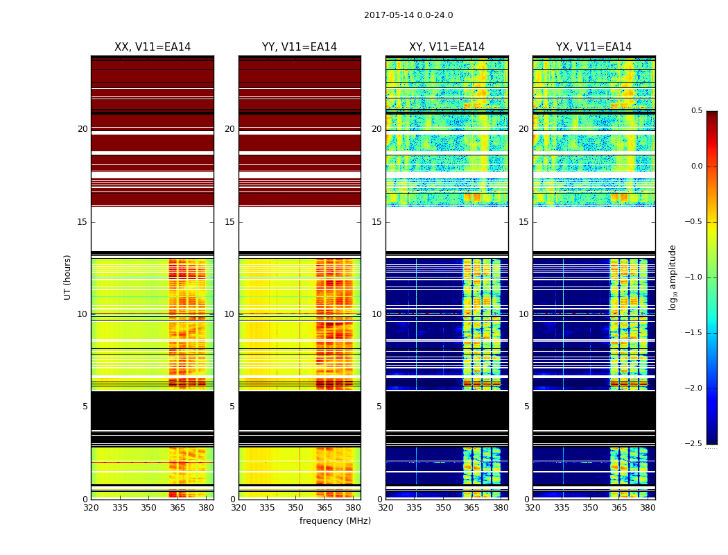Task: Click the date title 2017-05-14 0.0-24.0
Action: click(x=408, y=15)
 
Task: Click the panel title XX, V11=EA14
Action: click(x=153, y=47)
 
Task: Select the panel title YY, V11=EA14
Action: click(x=300, y=47)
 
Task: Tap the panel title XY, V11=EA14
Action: click(x=447, y=47)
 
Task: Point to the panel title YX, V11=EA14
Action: click(x=593, y=47)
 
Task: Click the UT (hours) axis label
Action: click(x=68, y=277)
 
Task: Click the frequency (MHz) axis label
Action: click(x=335, y=521)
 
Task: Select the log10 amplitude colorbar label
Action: click(x=673, y=277)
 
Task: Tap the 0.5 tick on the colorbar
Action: click(x=696, y=111)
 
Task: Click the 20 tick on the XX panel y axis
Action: click(x=83, y=129)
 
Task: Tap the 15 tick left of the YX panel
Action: click(x=524, y=222)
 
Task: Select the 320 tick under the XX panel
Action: click(x=91, y=508)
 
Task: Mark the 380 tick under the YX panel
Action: click(x=648, y=508)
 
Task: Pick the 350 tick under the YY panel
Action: click(x=296, y=508)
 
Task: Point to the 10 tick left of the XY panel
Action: click(x=376, y=314)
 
